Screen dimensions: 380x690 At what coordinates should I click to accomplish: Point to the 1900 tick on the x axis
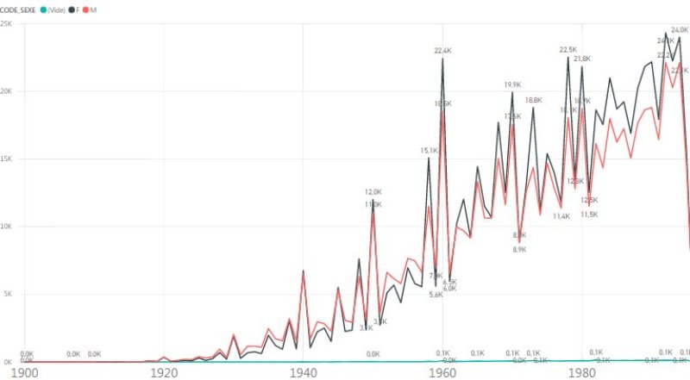(23, 372)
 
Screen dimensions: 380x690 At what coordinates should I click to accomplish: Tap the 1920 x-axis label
(164, 372)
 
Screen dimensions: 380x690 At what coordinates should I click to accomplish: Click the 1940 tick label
(304, 372)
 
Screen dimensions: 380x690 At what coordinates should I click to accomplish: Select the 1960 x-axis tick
(443, 372)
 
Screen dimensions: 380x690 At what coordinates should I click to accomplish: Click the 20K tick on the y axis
(6, 91)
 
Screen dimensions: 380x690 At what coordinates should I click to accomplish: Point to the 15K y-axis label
(6, 159)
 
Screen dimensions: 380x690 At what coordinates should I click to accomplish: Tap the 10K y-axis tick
(6, 227)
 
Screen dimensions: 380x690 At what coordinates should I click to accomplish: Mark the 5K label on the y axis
(7, 294)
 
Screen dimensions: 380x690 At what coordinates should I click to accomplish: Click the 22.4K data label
(443, 51)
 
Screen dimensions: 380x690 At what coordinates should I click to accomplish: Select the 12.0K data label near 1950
(373, 192)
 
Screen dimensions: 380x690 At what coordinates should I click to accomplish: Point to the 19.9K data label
(512, 84)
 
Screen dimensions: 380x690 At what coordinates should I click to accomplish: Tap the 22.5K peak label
(568, 50)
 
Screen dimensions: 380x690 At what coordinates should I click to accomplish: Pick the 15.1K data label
(429, 150)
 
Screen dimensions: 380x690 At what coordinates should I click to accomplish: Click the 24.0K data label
(680, 29)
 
